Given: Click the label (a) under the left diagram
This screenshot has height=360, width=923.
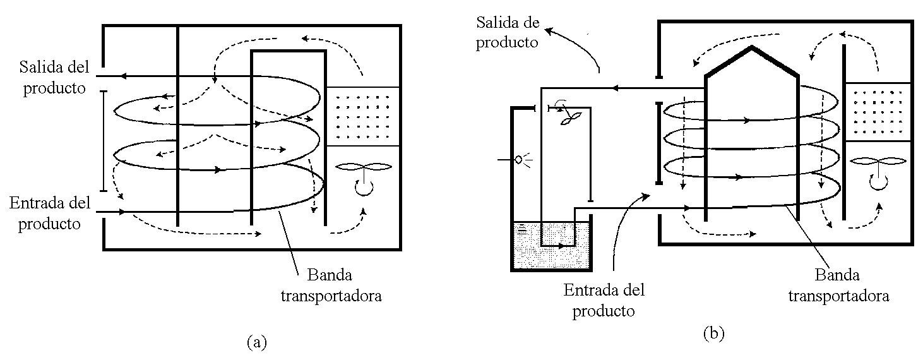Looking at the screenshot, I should tap(256, 342).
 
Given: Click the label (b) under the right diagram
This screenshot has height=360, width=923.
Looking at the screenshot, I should tap(713, 334).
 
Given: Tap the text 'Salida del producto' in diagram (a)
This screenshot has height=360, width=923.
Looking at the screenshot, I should tap(54, 77).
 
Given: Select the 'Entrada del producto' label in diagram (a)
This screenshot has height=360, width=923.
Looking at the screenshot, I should tap(50, 213).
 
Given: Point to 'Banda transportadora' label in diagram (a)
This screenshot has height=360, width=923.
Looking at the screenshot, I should tap(331, 285).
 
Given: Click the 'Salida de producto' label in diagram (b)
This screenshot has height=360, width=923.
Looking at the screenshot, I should tap(508, 33).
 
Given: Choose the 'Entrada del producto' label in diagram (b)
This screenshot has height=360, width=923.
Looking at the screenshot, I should tap(604, 300).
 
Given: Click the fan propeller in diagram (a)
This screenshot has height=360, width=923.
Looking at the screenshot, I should tap(364, 167).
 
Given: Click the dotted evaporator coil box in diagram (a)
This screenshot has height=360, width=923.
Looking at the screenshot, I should tap(364, 116).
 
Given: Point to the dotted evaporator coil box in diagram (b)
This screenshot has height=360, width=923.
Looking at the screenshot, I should tap(878, 111).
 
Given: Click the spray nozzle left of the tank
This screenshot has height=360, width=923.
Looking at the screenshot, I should tap(520, 160).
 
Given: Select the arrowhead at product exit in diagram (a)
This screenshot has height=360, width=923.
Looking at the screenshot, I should tap(123, 76).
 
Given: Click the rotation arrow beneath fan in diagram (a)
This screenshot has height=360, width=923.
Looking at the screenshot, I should tap(362, 188).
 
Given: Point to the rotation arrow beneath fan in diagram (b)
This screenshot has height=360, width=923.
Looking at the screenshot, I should tap(876, 182).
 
